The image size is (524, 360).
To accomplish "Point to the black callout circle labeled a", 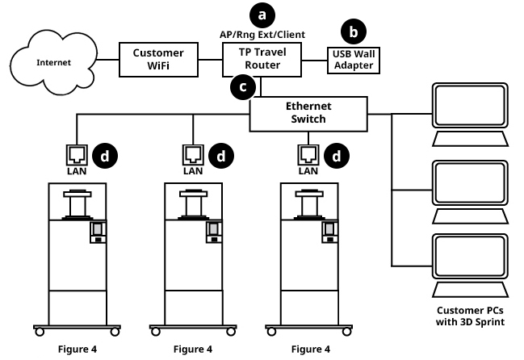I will (261, 14).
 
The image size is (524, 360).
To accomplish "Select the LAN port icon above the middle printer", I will (193, 153).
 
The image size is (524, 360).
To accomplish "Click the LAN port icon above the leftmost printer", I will (77, 153).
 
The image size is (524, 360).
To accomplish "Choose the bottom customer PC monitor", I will (471, 257).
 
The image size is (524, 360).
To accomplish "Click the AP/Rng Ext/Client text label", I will (261, 36).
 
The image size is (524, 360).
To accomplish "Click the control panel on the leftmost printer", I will (97, 233).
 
